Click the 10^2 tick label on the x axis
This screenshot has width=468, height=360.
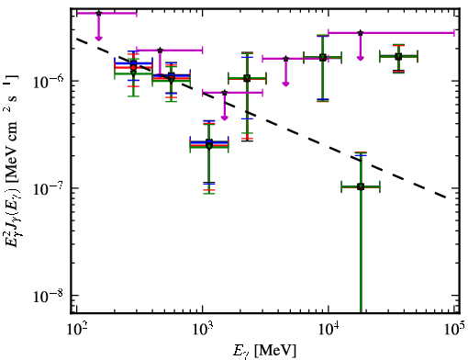pos(76,329)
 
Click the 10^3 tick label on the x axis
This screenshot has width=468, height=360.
pos(203,329)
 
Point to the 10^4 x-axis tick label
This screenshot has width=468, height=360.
pos(329,329)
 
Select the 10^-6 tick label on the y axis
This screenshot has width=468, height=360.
pos(48,81)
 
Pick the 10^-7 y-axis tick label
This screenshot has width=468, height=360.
pos(48,188)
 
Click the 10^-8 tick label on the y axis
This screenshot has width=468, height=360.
pos(48,296)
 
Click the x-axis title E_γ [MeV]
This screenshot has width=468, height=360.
pos(264,351)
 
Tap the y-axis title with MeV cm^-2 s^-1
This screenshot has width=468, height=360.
pos(12,163)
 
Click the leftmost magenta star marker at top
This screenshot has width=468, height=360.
pos(98,13)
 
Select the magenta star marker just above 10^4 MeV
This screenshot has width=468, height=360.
pos(361,33)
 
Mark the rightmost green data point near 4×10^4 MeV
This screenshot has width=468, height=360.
pos(398,57)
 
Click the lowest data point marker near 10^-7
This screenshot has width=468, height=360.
pos(361,186)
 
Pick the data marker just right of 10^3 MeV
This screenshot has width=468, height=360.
pos(209,144)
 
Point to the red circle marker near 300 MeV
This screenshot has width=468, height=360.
pos(133,67)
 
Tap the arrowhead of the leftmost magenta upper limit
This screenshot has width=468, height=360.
pos(98,38)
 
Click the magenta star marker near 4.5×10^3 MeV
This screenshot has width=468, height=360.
pos(285,59)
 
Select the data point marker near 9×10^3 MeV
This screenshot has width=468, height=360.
pos(323,58)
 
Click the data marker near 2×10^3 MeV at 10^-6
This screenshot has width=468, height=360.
pos(247,79)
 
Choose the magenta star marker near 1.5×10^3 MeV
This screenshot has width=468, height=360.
pos(225,93)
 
